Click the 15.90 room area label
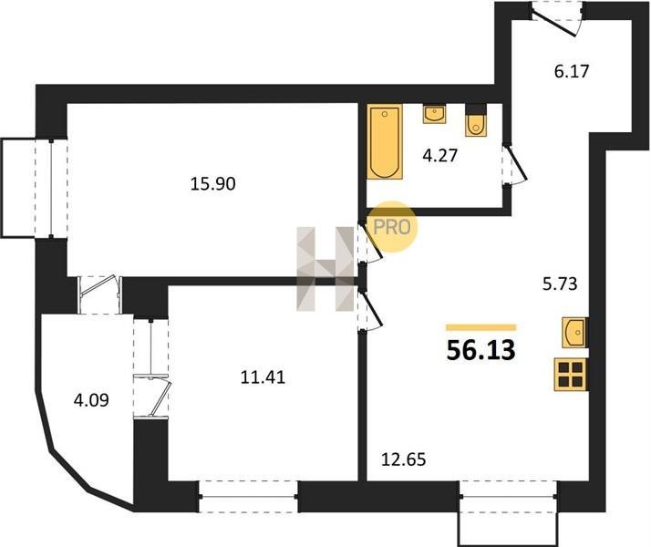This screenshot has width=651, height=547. [x=213, y=183]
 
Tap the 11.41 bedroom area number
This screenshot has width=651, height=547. [x=263, y=377]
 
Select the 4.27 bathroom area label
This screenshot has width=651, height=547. [x=440, y=156]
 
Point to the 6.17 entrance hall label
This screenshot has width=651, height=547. [x=572, y=71]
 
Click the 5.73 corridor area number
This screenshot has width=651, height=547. [x=560, y=284]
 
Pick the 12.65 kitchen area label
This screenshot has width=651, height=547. [x=404, y=459]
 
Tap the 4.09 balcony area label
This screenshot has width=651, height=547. [x=91, y=400]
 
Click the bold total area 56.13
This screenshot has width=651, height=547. [x=481, y=350]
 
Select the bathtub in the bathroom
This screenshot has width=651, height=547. [x=385, y=141]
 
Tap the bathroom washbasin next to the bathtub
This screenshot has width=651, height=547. [x=434, y=113]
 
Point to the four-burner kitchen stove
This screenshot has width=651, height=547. [x=571, y=375]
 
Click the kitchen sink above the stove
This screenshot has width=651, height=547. [x=574, y=332]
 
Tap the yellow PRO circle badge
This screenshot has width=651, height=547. [x=392, y=227]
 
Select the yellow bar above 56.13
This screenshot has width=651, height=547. [x=481, y=327]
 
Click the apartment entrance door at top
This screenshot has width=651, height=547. [x=556, y=18]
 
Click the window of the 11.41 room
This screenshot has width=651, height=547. [x=249, y=496]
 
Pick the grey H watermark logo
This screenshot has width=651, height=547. [x=325, y=269]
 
